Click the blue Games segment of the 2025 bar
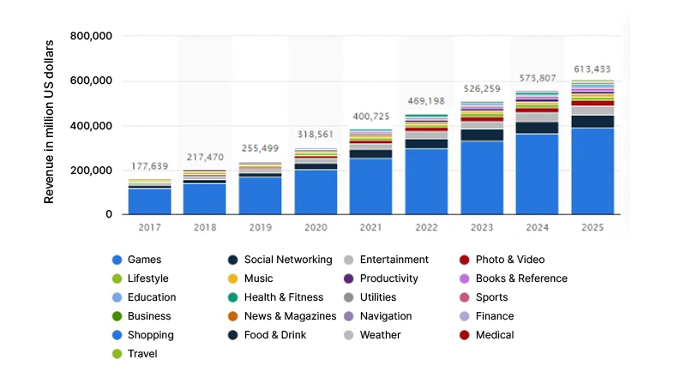[592, 171]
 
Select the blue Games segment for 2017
[149, 200]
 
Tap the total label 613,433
[592, 69]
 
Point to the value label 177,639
[149, 166]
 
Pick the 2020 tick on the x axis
[315, 227]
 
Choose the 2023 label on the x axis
[481, 227]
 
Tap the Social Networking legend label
[287, 260]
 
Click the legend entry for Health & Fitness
[283, 297]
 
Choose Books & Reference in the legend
[521, 278]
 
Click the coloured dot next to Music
[233, 278]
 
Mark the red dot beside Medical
[464, 335]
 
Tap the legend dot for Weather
[348, 335]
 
